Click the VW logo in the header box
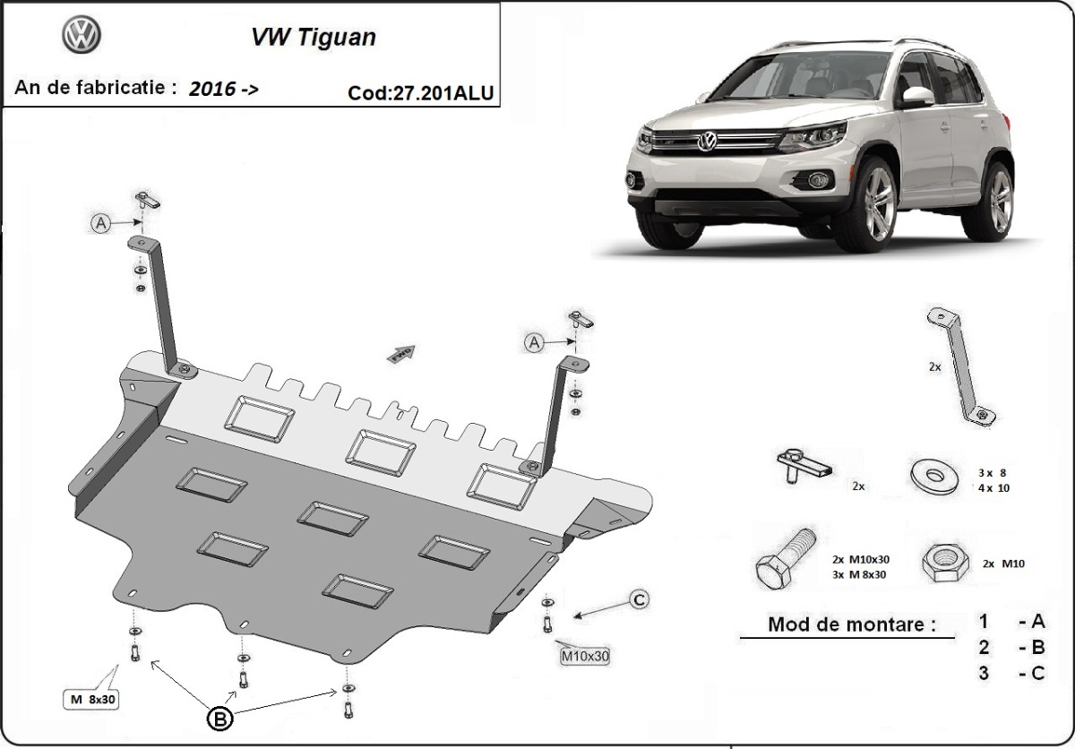click(82, 35)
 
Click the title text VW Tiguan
click(314, 38)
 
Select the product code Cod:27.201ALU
click(420, 92)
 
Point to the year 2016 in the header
click(212, 89)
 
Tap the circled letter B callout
click(219, 719)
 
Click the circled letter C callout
click(639, 599)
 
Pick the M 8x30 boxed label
click(91, 699)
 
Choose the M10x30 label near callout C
click(585, 656)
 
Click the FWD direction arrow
click(400, 354)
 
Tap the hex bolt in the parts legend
click(785, 558)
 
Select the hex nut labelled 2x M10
click(945, 563)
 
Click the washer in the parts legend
click(933, 476)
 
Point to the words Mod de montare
click(852, 624)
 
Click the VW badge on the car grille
click(707, 142)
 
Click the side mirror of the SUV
click(917, 96)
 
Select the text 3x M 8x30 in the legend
click(859, 574)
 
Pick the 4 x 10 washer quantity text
click(993, 488)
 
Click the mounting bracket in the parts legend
click(959, 367)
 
